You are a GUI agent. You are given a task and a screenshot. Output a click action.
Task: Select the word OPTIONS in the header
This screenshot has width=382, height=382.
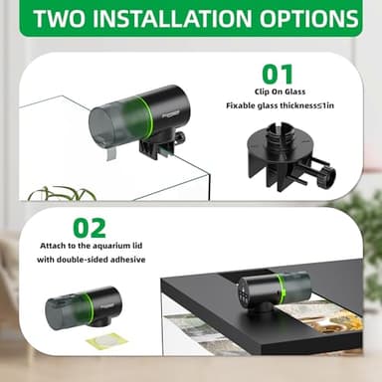tap(309, 20)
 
